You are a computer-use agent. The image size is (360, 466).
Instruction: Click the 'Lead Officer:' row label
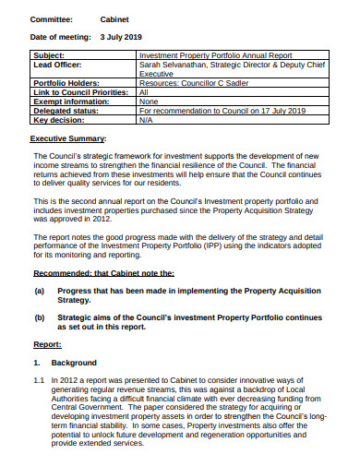(58, 66)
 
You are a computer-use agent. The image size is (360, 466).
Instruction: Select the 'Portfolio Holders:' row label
(65, 84)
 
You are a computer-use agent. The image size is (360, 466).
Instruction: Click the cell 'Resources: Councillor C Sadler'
(195, 84)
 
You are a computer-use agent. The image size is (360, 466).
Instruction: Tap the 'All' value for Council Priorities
(143, 93)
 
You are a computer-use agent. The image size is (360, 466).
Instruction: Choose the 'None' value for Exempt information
(148, 102)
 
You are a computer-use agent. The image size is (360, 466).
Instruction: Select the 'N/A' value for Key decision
(145, 120)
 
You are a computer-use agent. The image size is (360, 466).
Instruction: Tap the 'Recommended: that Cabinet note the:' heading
(103, 247)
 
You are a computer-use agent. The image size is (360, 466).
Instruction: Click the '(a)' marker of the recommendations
(40, 264)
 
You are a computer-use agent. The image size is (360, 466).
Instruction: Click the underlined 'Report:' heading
(47, 343)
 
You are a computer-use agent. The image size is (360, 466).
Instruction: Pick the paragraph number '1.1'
(39, 379)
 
